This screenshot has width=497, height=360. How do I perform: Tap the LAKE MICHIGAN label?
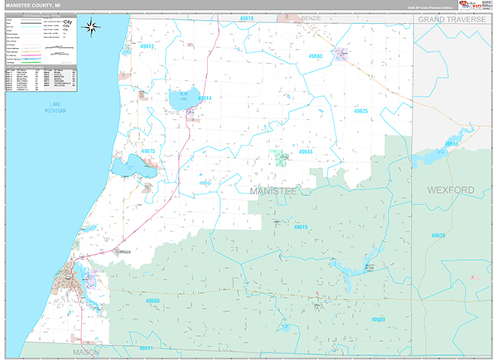56,108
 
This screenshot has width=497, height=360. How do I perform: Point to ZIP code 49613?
147,47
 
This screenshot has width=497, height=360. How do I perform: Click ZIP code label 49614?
204,98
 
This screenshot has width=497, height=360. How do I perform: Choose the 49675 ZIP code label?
148,151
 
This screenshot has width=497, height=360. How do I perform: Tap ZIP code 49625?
359,110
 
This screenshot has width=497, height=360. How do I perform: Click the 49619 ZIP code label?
301,227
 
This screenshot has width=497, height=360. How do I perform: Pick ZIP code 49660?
152,301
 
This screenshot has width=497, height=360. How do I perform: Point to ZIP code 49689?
378,319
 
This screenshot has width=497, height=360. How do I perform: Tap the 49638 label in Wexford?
438,236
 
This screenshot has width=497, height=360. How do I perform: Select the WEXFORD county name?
451,190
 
